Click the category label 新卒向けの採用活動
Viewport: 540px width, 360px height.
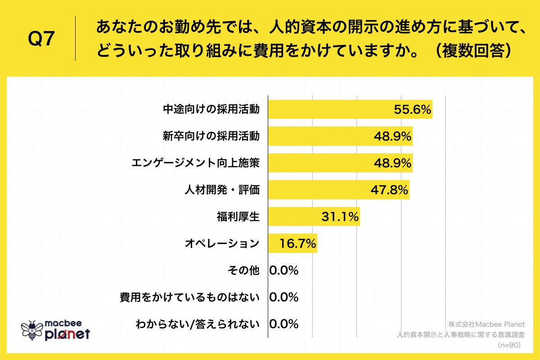[x=211, y=136]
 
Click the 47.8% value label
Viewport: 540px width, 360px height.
[x=389, y=190]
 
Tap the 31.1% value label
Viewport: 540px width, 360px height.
[x=340, y=217]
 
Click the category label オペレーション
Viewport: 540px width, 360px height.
[x=222, y=244]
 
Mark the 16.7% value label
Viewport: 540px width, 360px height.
[x=297, y=244]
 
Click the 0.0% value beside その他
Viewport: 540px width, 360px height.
[x=284, y=270]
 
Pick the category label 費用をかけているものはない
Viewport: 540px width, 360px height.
[x=189, y=297]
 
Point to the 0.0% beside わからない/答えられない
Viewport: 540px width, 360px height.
[x=284, y=324]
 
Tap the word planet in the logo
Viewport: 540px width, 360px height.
[x=67, y=334]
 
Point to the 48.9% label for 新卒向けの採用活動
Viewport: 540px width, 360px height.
[x=393, y=136]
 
